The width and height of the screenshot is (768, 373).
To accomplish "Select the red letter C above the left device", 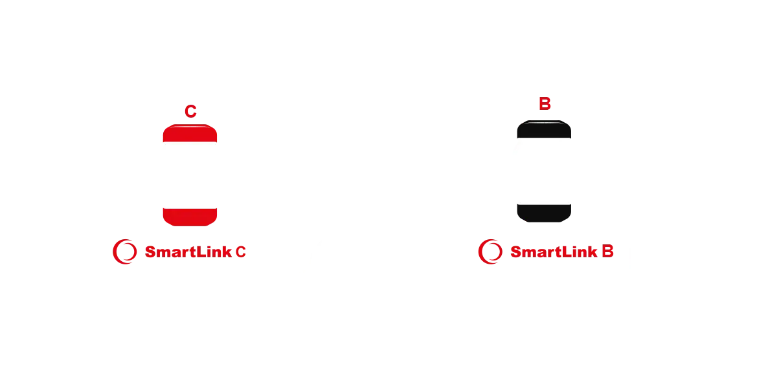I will tap(190, 111).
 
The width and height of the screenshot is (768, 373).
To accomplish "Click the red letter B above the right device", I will tap(545, 103).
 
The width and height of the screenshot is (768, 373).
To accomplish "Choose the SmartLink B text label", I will tap(561, 251).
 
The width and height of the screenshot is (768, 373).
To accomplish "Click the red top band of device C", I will tap(189, 134).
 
